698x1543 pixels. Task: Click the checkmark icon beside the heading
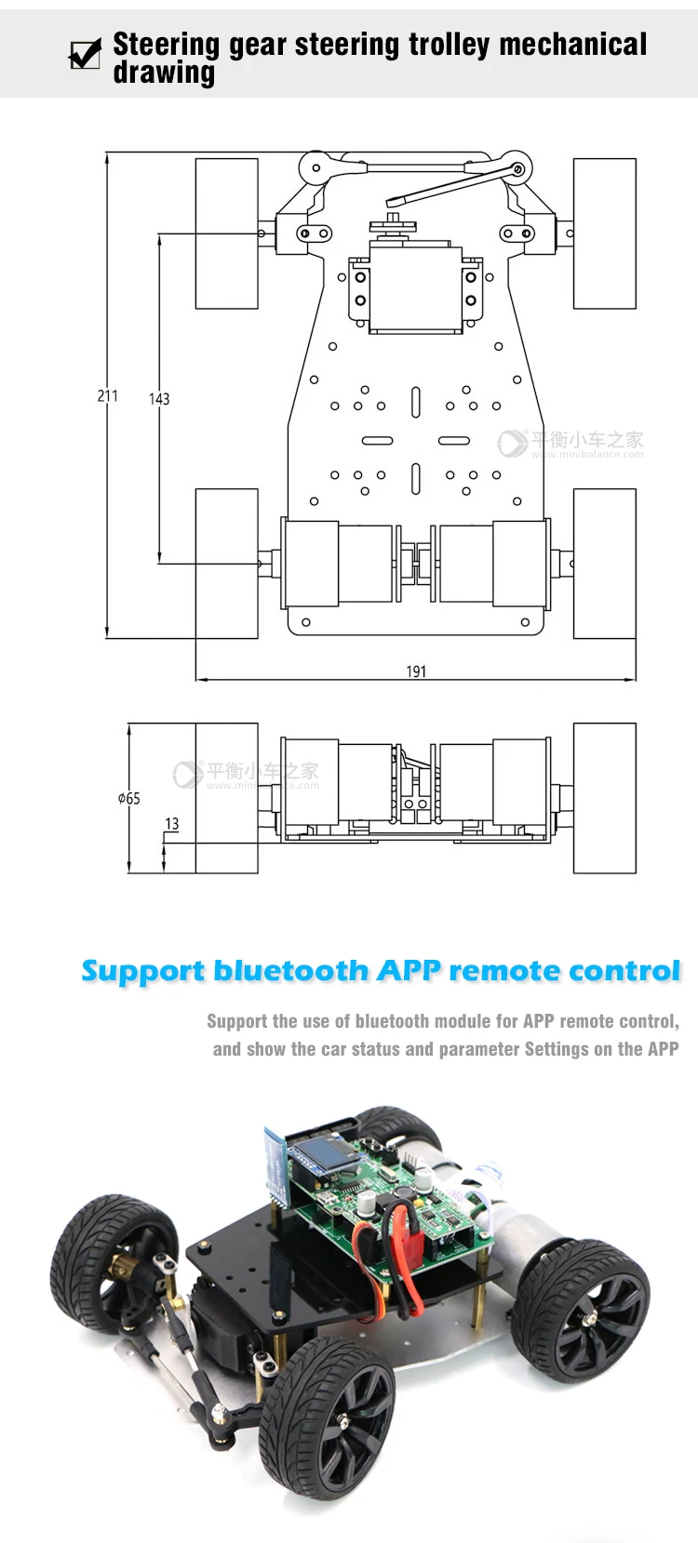[85, 54]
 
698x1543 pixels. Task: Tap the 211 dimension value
[108, 396]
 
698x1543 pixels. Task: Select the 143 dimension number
[159, 399]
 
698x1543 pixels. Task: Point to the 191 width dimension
[416, 672]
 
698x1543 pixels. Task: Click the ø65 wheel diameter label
[129, 798]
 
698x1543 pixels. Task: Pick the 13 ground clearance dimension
[172, 824]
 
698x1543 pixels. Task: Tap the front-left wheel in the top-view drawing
[226, 233]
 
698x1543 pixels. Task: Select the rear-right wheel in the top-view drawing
[604, 564]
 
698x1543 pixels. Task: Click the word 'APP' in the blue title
[409, 971]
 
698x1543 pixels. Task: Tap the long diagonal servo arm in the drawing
[455, 186]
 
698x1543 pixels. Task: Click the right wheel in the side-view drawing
[604, 798]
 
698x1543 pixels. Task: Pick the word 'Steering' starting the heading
[166, 45]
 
